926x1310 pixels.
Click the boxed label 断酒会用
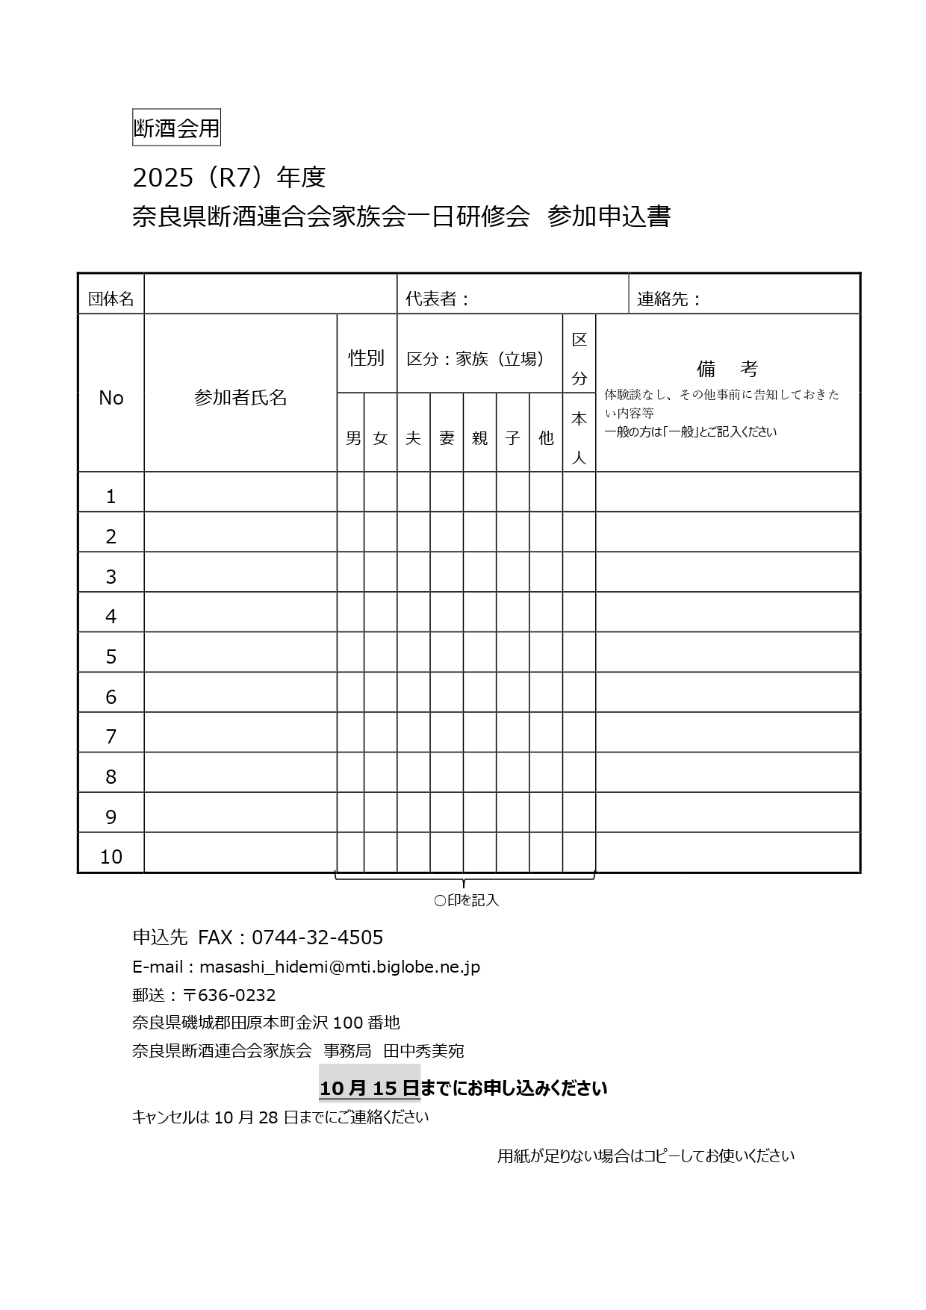point(176,128)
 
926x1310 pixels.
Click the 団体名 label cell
point(111,299)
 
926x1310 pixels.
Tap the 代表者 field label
point(437,299)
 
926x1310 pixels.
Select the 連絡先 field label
point(668,299)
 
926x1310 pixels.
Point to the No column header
point(111,398)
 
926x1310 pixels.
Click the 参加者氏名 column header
point(240,398)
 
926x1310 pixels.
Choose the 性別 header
point(366,358)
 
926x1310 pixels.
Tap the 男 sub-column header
point(352,438)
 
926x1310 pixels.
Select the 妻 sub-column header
point(447,438)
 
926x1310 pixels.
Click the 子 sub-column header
point(512,438)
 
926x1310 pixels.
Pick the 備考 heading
point(727,369)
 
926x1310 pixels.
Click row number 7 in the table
point(111,737)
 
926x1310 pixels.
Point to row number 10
point(111,856)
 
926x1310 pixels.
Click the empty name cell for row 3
point(240,573)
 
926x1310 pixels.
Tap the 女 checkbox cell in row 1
point(380,493)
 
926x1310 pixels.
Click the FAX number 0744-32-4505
point(317,938)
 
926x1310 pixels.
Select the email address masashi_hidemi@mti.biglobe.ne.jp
point(340,967)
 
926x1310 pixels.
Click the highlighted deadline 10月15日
point(369,1088)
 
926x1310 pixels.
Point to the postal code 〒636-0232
point(229,996)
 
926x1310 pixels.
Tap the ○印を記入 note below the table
point(466,901)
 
